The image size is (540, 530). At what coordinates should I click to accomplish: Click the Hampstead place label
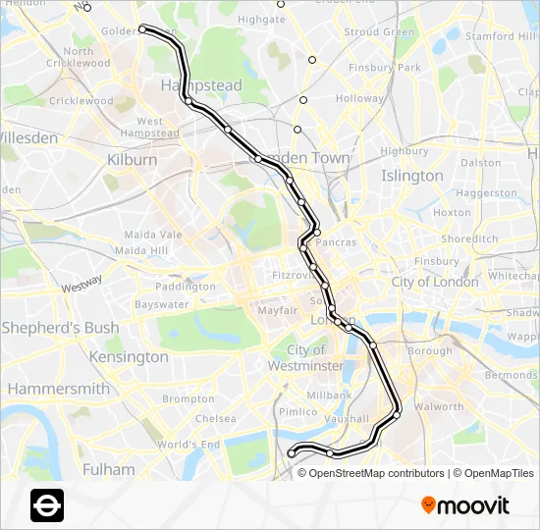click(x=201, y=85)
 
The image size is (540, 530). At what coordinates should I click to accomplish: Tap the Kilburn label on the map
click(x=133, y=159)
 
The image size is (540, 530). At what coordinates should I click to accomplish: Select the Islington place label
click(x=412, y=176)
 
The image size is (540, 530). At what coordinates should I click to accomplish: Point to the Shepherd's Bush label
click(x=60, y=328)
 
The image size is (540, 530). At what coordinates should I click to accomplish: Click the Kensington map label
click(x=130, y=357)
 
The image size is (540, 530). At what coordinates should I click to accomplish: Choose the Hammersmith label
click(x=58, y=389)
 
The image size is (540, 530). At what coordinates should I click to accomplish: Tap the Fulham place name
click(x=109, y=469)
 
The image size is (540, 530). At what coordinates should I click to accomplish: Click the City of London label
click(x=436, y=282)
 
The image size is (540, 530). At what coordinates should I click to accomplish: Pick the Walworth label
click(x=438, y=406)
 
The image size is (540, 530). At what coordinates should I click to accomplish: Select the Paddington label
click(x=185, y=287)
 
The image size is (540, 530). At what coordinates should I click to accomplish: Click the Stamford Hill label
click(x=503, y=36)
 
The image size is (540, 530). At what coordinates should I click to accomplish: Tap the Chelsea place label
click(x=215, y=418)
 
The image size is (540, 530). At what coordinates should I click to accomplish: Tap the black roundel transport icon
click(x=47, y=504)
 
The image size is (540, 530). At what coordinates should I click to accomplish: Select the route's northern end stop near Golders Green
click(x=142, y=29)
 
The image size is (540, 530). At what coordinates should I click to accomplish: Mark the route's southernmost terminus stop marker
click(x=291, y=452)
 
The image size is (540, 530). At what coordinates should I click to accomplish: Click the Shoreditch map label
click(x=469, y=238)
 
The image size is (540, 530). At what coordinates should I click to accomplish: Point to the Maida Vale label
click(x=153, y=235)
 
